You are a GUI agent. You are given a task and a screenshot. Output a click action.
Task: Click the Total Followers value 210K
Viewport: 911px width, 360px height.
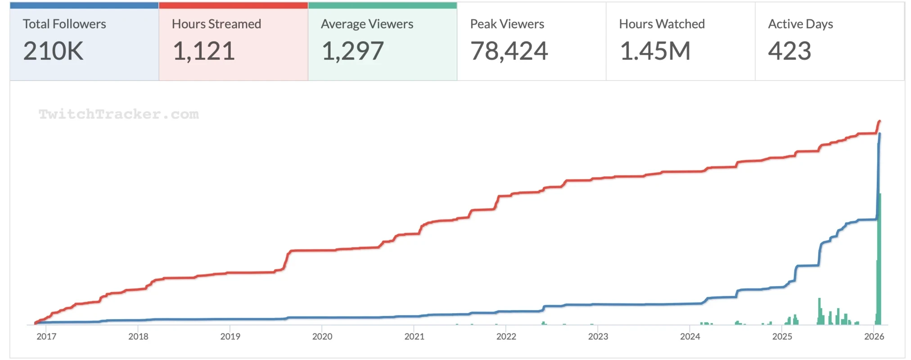coord(53,51)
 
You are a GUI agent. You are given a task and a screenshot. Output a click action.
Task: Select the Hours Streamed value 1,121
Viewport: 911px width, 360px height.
coord(203,51)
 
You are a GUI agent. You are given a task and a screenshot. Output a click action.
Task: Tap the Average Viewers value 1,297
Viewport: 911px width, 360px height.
coord(352,51)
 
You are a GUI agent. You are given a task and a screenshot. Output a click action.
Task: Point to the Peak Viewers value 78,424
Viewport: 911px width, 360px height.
coord(509,51)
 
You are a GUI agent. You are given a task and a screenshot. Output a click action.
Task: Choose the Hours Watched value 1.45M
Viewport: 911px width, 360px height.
coord(655,51)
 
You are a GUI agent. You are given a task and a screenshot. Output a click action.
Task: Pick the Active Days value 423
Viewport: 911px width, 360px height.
coord(789,51)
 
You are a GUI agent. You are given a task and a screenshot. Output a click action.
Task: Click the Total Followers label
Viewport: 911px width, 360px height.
coord(64,24)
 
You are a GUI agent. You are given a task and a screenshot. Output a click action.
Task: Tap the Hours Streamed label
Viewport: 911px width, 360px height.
coord(216,24)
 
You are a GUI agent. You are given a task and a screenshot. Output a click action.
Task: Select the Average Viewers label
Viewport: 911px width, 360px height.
coord(367,24)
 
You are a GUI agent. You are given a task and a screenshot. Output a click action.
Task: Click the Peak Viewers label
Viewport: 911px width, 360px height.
coord(507,24)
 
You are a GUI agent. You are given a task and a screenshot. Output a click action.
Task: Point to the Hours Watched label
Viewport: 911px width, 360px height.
coord(662,24)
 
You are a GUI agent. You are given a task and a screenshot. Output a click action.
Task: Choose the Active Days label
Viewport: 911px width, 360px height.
coord(800,24)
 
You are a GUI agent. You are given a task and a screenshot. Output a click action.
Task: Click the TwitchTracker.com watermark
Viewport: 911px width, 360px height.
coord(118,114)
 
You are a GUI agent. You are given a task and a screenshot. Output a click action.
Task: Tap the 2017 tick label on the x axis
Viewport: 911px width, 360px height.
coord(46,337)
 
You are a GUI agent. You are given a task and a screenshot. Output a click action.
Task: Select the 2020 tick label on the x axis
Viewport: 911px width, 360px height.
coord(322,337)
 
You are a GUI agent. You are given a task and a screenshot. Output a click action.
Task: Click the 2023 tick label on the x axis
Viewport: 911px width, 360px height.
coord(598,337)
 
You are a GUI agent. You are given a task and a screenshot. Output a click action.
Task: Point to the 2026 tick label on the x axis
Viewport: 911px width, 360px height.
coord(874,337)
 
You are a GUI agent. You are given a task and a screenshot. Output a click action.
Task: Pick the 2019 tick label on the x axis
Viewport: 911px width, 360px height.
coord(230,337)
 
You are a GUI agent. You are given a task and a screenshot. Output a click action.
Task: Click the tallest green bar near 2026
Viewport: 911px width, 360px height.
coord(879,261)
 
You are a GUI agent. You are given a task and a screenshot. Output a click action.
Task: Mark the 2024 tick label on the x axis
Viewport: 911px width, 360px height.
coord(690,337)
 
